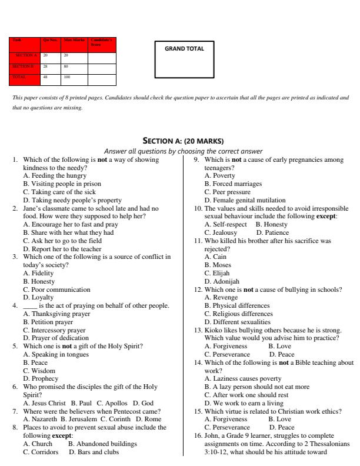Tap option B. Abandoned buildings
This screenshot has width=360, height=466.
point(102,444)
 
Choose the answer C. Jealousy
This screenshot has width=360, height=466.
point(221,232)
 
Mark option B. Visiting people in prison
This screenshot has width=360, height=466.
point(62,183)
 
